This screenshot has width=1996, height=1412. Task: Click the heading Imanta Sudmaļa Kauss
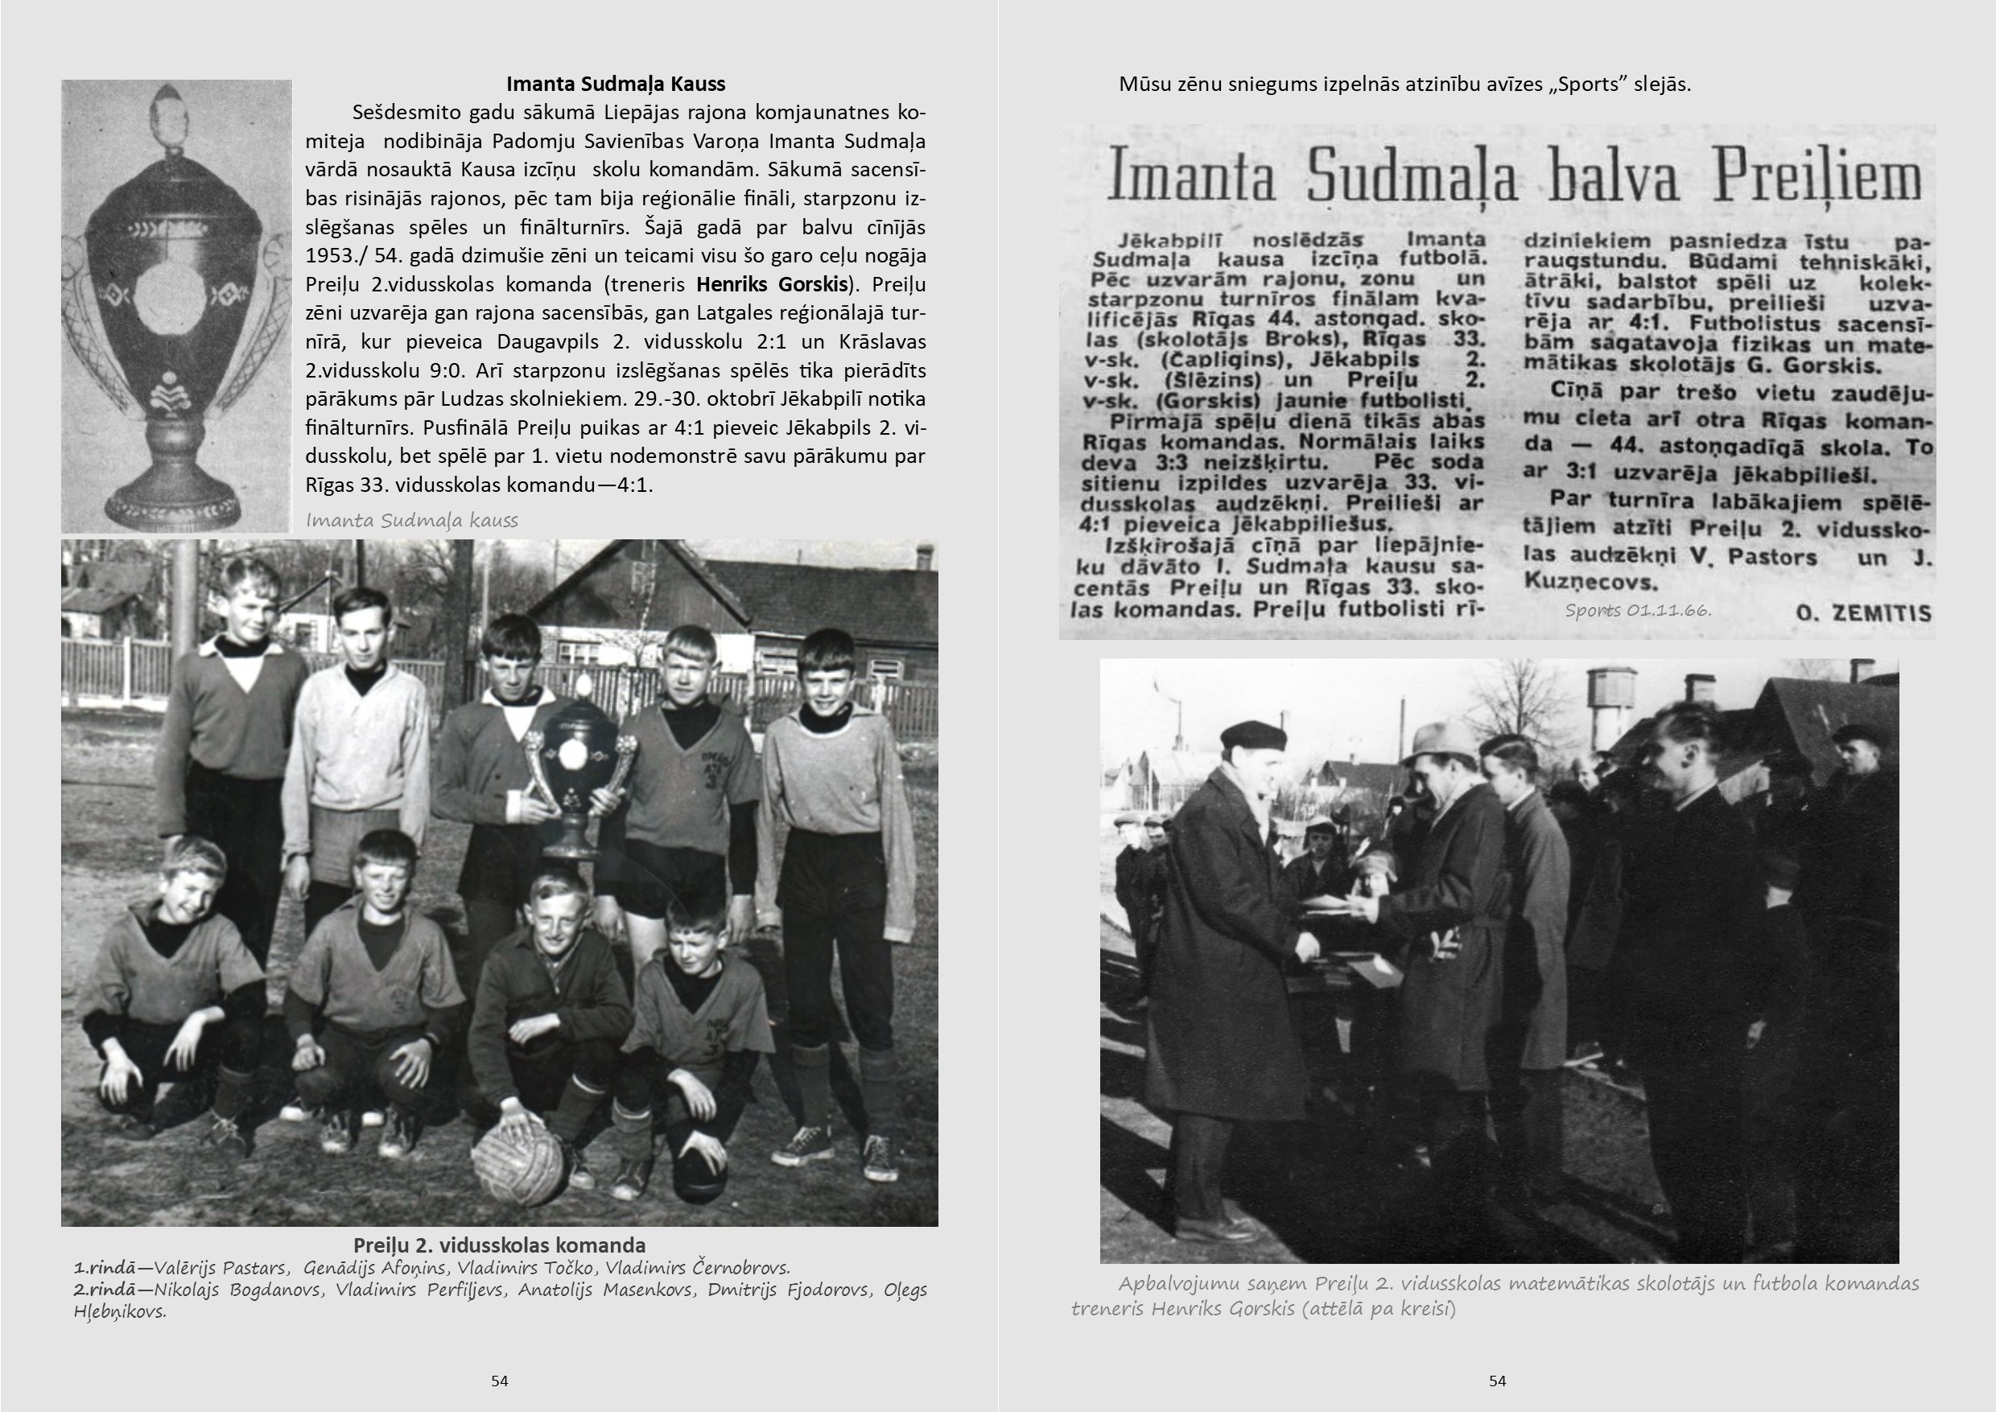[616, 85]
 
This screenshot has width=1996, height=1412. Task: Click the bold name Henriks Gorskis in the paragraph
[772, 284]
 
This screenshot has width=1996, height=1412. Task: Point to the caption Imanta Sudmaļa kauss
[411, 521]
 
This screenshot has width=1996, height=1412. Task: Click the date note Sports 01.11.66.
[1638, 610]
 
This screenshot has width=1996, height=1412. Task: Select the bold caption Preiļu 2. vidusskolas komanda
[499, 1245]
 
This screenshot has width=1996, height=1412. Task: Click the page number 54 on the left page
[499, 1381]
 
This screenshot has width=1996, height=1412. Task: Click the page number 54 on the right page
[1497, 1381]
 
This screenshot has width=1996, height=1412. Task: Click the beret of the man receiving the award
[1252, 735]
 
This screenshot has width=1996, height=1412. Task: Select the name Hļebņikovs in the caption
[120, 1312]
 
